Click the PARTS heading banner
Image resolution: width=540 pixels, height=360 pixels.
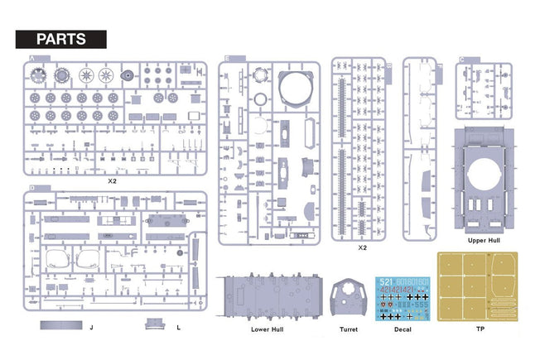click(62, 39)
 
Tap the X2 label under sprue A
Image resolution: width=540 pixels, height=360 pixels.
click(112, 180)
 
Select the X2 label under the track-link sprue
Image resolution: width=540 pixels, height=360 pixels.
click(361, 247)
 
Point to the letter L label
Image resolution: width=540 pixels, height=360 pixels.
click(179, 328)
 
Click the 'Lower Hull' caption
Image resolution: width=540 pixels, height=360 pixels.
click(268, 329)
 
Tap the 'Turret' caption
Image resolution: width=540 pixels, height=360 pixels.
click(349, 329)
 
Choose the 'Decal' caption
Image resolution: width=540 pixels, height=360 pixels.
click(403, 329)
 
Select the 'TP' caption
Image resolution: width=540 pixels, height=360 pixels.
click(481, 329)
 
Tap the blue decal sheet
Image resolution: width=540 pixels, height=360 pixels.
click(403, 298)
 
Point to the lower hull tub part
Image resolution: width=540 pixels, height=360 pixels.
click(268, 297)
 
